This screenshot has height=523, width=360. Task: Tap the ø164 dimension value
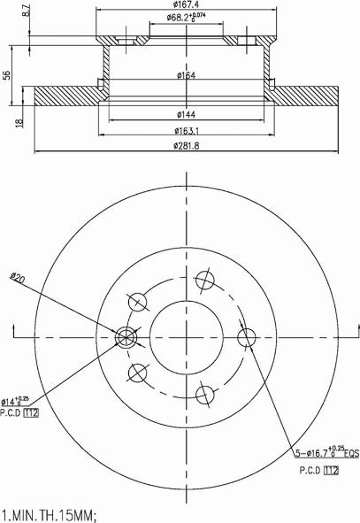pos(185,75)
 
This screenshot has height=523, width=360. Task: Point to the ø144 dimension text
pos(185,115)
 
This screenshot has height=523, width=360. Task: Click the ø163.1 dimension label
pos(185,131)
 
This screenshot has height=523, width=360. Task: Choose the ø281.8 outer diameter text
pos(185,147)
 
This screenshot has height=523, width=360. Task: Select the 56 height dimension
pos(10,76)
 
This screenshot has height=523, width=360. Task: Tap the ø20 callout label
pos(17,279)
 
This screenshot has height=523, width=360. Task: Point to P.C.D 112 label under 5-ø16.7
pos(319,470)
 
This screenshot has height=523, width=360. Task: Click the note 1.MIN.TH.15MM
pos(48,513)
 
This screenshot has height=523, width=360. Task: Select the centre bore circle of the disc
pos(187,335)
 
